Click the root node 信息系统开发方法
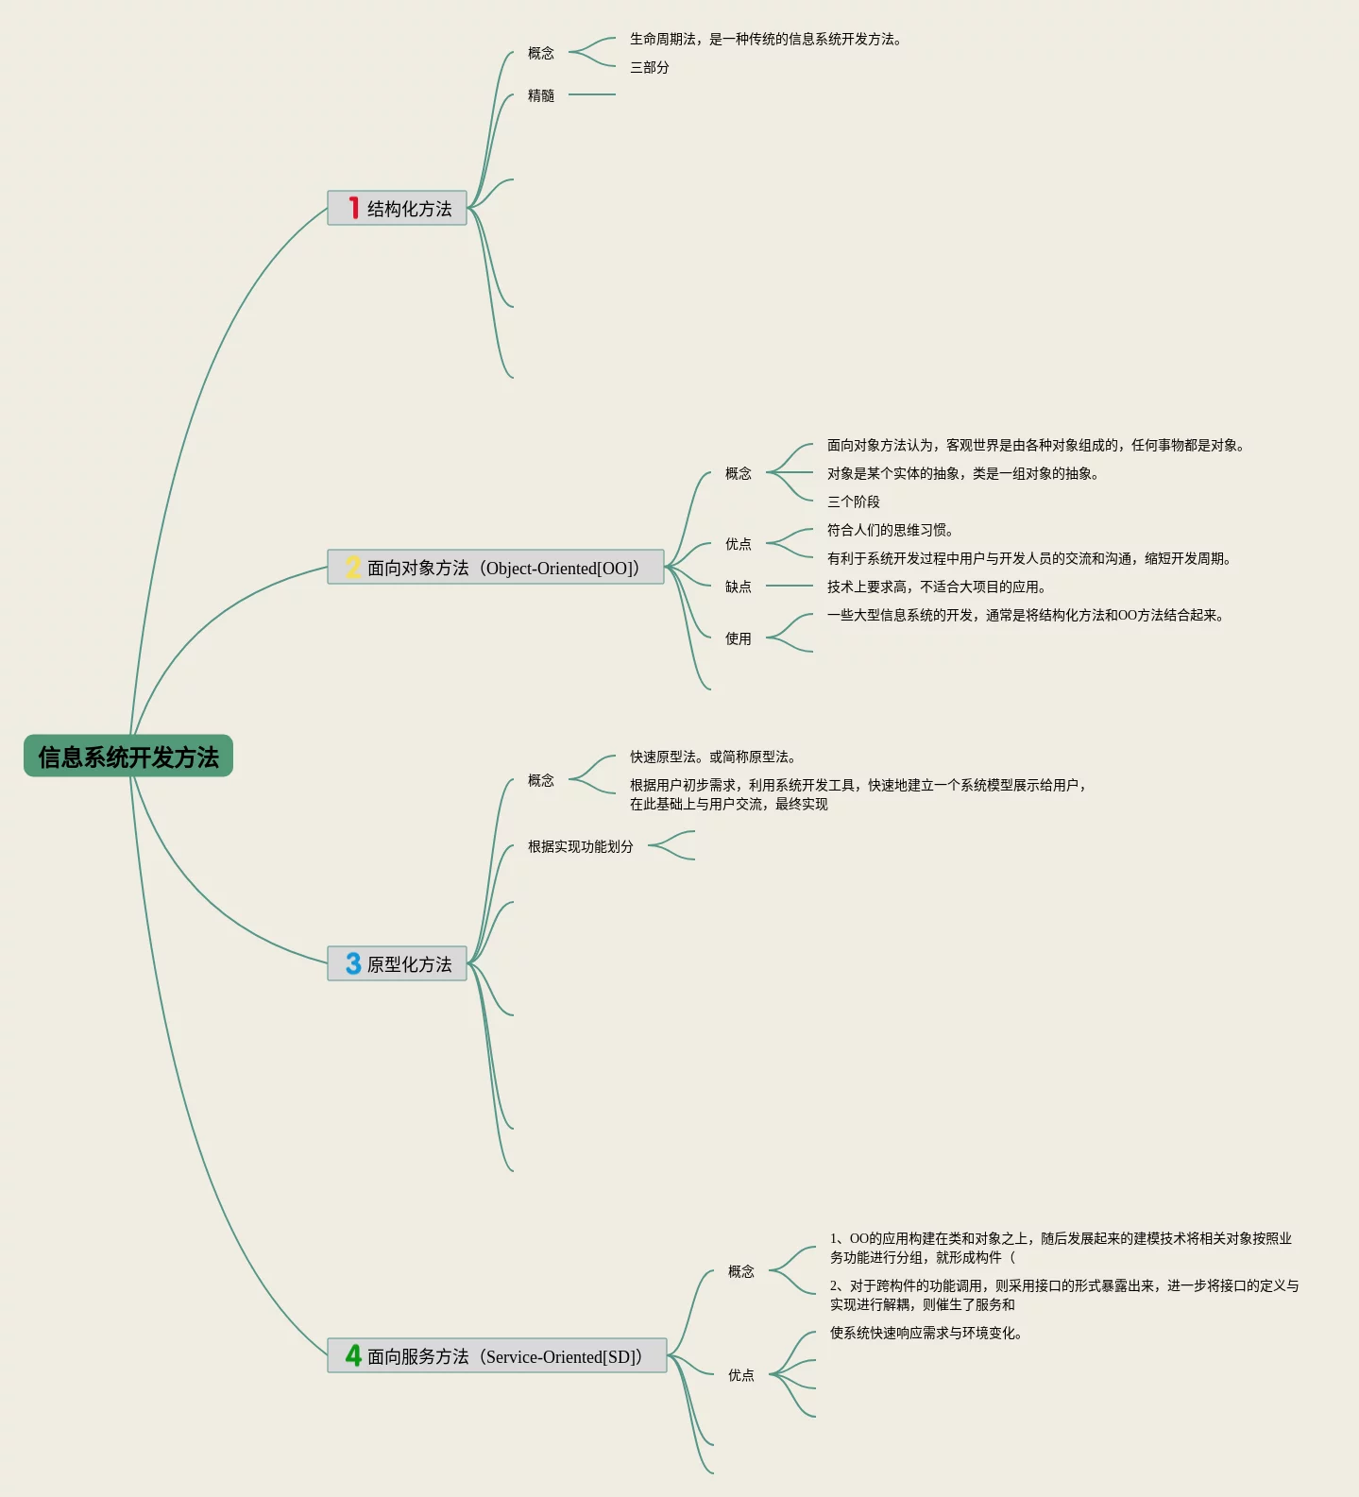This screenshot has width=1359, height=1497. pos(128,757)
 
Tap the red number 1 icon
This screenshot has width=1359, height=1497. pos(353,208)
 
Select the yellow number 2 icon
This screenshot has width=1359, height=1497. pos(353,567)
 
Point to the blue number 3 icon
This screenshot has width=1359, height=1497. pos(353,963)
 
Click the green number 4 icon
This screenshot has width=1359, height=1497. pos(353,1355)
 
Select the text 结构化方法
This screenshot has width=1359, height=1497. pos(409,209)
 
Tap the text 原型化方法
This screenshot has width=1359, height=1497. pos(409,964)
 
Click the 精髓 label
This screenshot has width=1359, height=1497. pos(541,95)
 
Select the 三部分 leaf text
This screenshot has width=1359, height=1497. pos(650,67)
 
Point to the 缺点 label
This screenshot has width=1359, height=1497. pos(739,587)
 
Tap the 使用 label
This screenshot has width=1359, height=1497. pos(739,638)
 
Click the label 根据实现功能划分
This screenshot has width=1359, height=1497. pos(581,846)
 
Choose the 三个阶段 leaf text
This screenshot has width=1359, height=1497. pos(854,502)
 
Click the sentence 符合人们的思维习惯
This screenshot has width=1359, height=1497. pos(890,530)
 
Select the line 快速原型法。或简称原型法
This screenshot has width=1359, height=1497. pos(713,757)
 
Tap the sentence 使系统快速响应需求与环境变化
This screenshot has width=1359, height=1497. pos(926,1333)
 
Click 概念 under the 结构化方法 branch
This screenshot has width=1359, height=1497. pos(541,53)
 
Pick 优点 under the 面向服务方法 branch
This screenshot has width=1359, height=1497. pos(741,1375)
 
